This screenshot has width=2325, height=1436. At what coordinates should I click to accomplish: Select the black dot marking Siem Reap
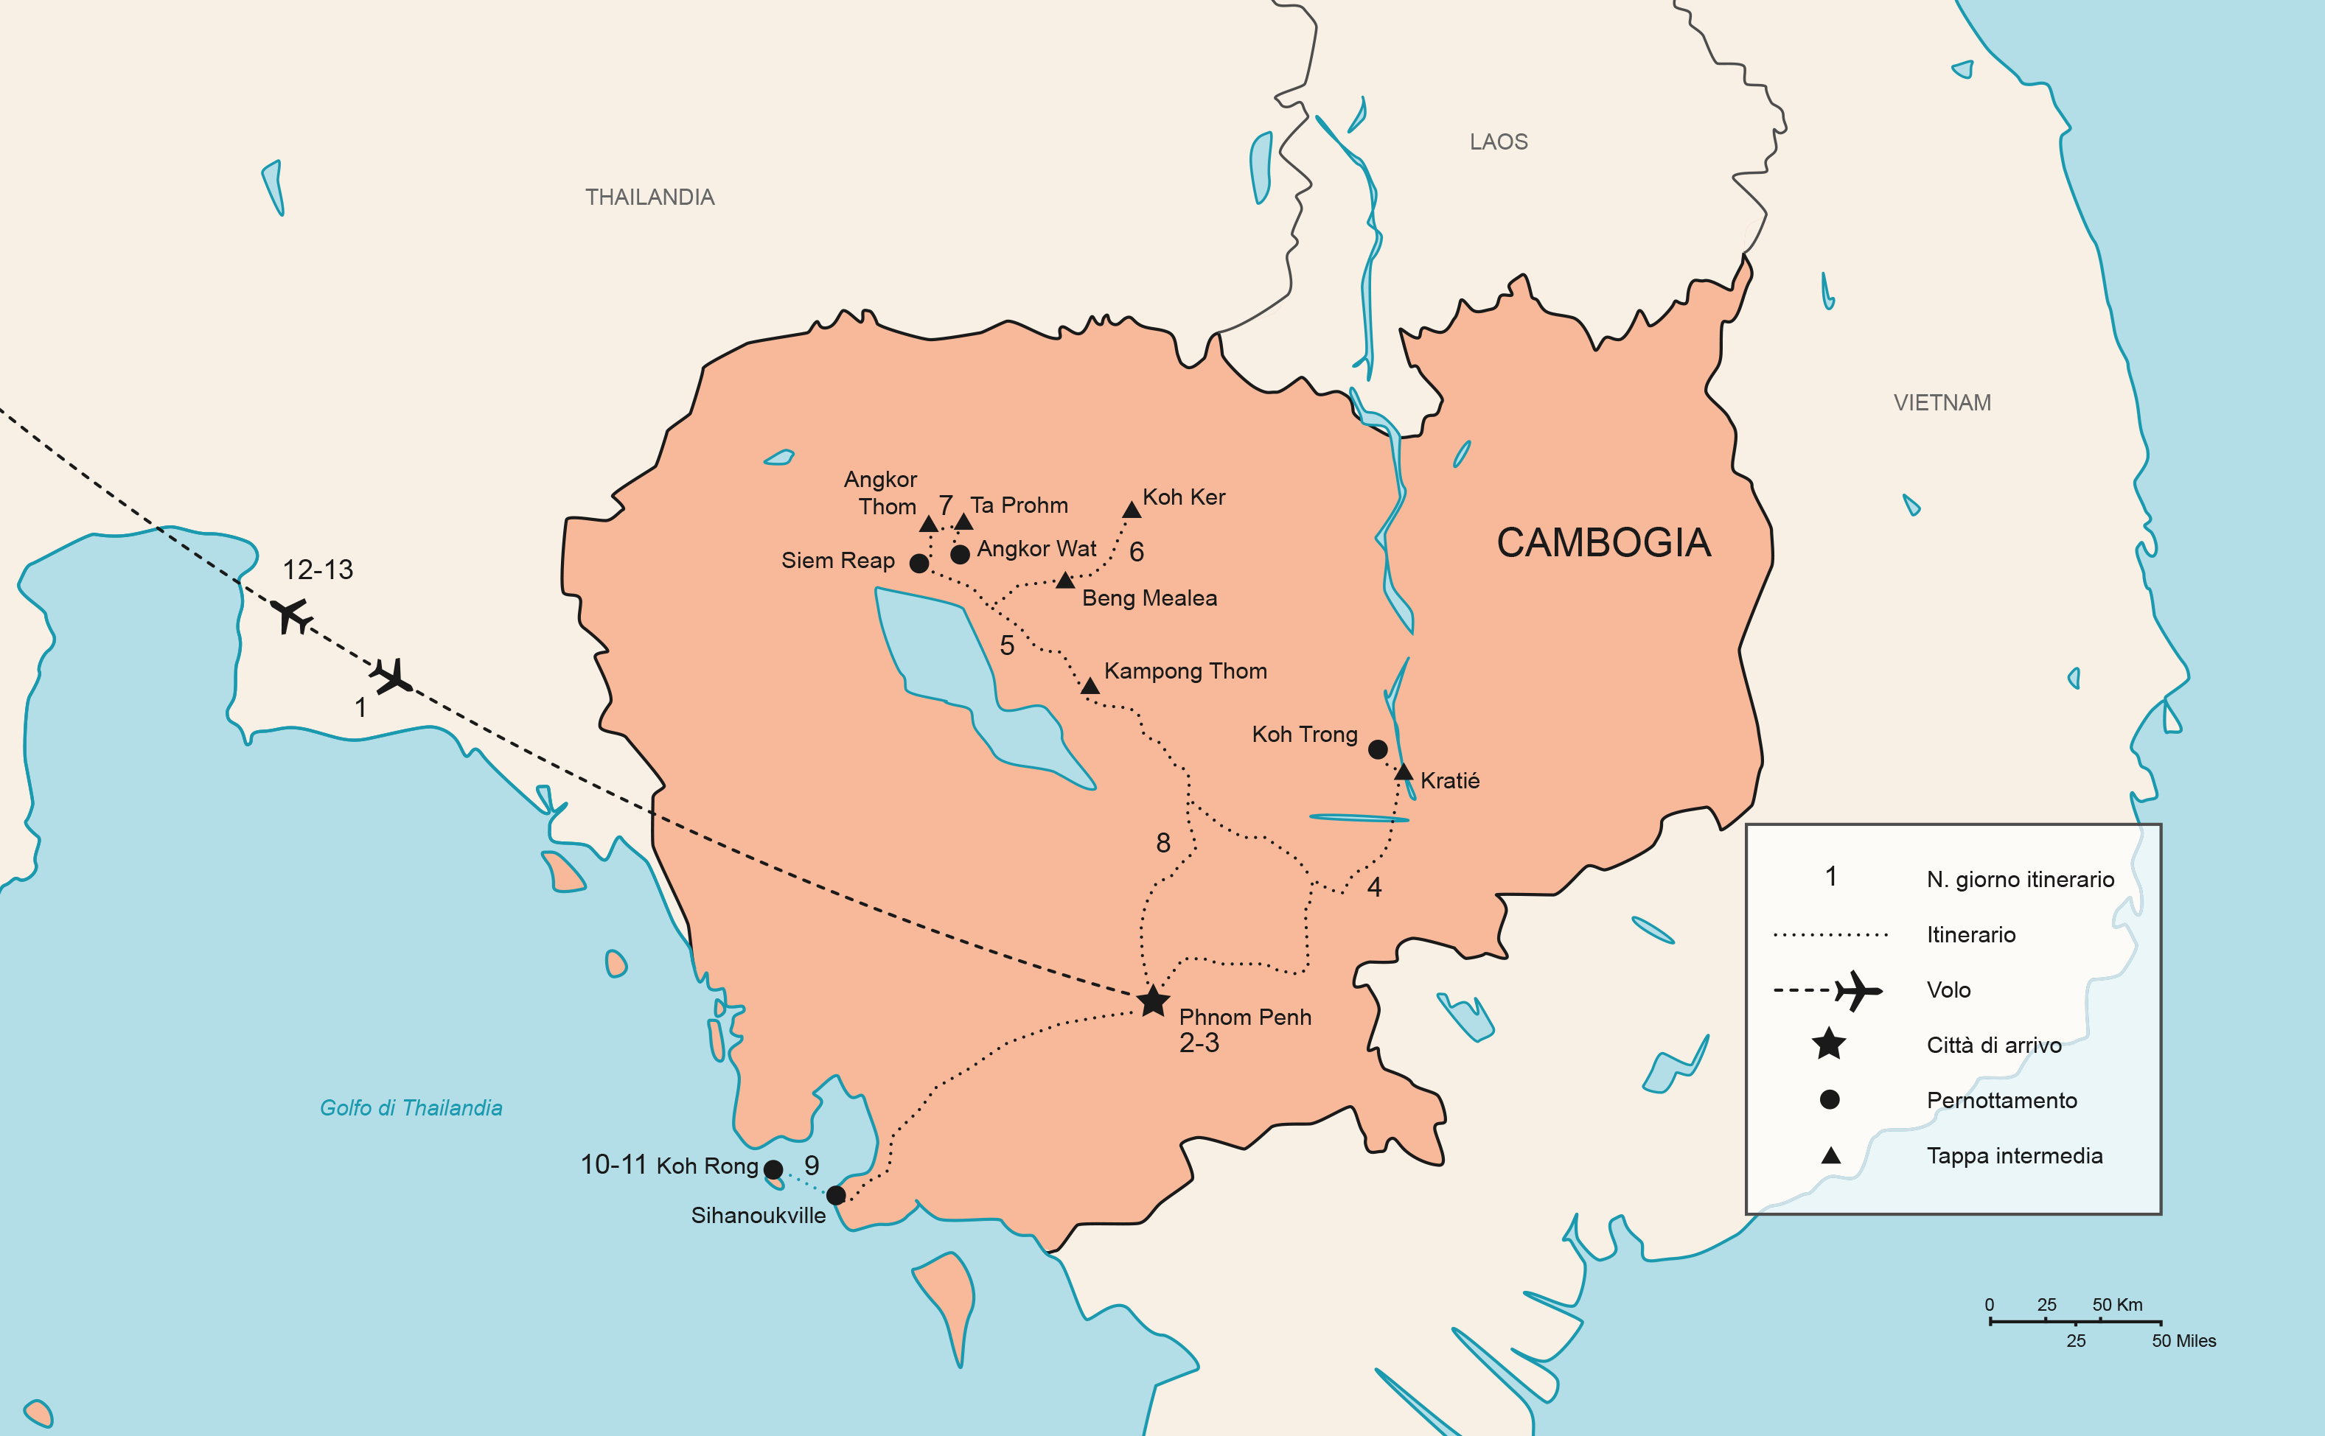[919, 563]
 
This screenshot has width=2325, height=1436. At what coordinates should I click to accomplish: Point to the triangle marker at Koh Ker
[1131, 510]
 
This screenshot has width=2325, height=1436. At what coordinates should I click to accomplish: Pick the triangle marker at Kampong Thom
[1090, 686]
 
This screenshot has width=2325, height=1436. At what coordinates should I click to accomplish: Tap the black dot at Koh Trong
[1377, 749]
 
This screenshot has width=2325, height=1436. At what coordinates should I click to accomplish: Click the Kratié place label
[1449, 781]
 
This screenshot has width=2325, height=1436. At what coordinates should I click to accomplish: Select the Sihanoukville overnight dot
[836, 1195]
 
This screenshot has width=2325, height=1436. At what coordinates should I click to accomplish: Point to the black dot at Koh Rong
[773, 1169]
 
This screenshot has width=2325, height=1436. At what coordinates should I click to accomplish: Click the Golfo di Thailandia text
[411, 1107]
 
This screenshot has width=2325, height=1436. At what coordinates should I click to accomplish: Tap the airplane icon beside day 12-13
[292, 614]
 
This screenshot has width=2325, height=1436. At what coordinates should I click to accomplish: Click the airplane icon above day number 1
[391, 676]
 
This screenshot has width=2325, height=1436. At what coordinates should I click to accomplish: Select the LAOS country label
[1499, 142]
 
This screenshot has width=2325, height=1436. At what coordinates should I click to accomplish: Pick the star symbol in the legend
[1828, 1044]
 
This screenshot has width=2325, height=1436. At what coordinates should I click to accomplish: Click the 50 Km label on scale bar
[2117, 1304]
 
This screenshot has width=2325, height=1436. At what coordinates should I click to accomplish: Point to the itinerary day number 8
[1163, 842]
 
